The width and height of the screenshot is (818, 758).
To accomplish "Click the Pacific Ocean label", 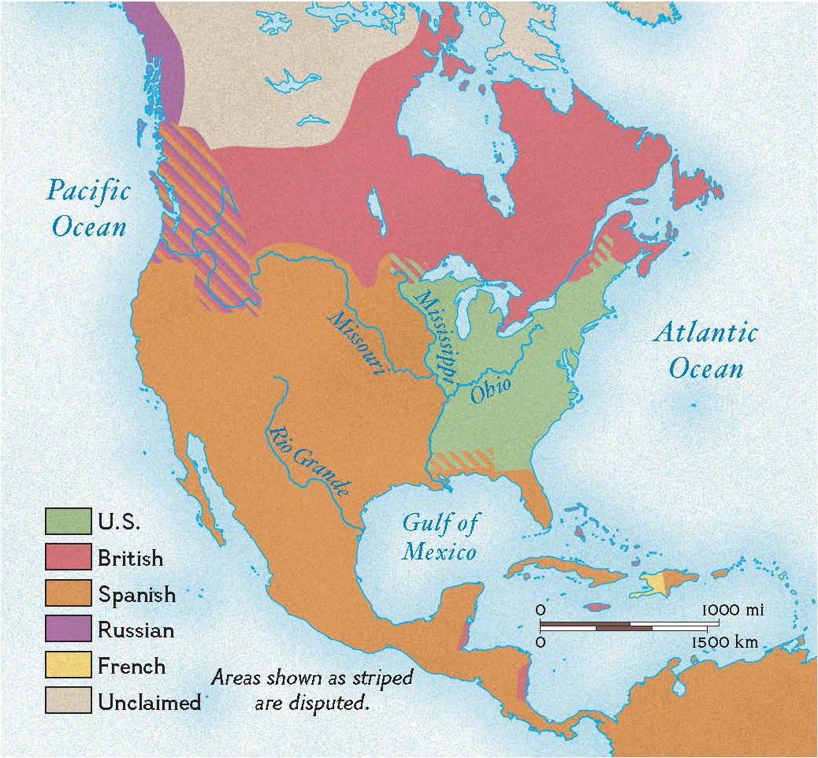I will click(x=88, y=208).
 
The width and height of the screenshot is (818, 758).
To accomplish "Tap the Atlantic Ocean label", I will click(x=705, y=350).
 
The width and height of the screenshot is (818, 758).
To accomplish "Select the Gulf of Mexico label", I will click(x=440, y=536).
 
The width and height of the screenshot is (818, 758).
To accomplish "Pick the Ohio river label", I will click(x=490, y=389).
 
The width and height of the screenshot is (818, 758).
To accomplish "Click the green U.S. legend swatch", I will click(x=68, y=520).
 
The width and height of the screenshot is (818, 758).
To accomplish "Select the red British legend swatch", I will click(x=68, y=557).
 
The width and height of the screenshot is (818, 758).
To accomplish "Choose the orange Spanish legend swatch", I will click(x=68, y=593).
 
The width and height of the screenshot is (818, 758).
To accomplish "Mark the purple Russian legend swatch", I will click(x=68, y=630).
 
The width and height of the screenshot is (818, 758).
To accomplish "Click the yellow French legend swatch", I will click(x=68, y=666).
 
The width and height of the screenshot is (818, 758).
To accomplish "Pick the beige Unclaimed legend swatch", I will click(x=68, y=701).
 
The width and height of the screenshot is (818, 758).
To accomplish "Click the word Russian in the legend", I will click(x=136, y=630).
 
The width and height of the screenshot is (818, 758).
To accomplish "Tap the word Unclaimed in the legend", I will click(x=149, y=702).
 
